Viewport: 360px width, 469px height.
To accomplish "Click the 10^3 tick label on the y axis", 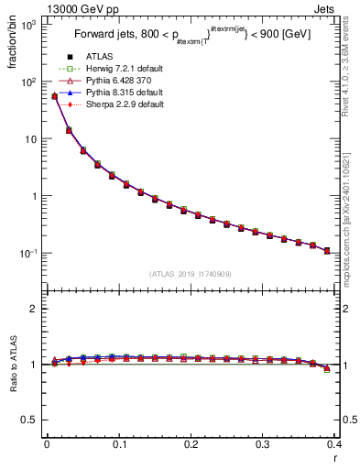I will pyautogui.click(x=27, y=25).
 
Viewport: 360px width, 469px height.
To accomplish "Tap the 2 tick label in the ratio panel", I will pyautogui.click(x=32, y=309).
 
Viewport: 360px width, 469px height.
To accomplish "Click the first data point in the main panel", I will pyautogui.click(x=54, y=96).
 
